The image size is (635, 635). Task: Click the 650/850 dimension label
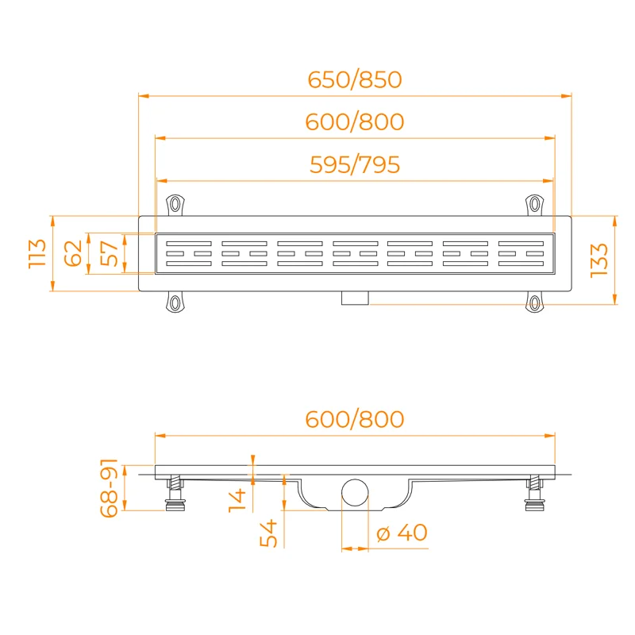click(x=355, y=79)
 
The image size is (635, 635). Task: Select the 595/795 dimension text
click(x=355, y=164)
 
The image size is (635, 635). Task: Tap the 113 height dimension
click(x=37, y=253)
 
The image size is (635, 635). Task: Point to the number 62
click(x=73, y=253)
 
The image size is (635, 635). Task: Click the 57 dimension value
click(x=109, y=253)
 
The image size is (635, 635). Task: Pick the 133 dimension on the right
click(x=599, y=260)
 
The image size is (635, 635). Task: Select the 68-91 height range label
click(x=109, y=488)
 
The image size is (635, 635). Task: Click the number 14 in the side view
click(x=237, y=500)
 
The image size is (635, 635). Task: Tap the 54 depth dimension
click(x=268, y=533)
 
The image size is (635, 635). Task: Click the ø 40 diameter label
click(x=402, y=533)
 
